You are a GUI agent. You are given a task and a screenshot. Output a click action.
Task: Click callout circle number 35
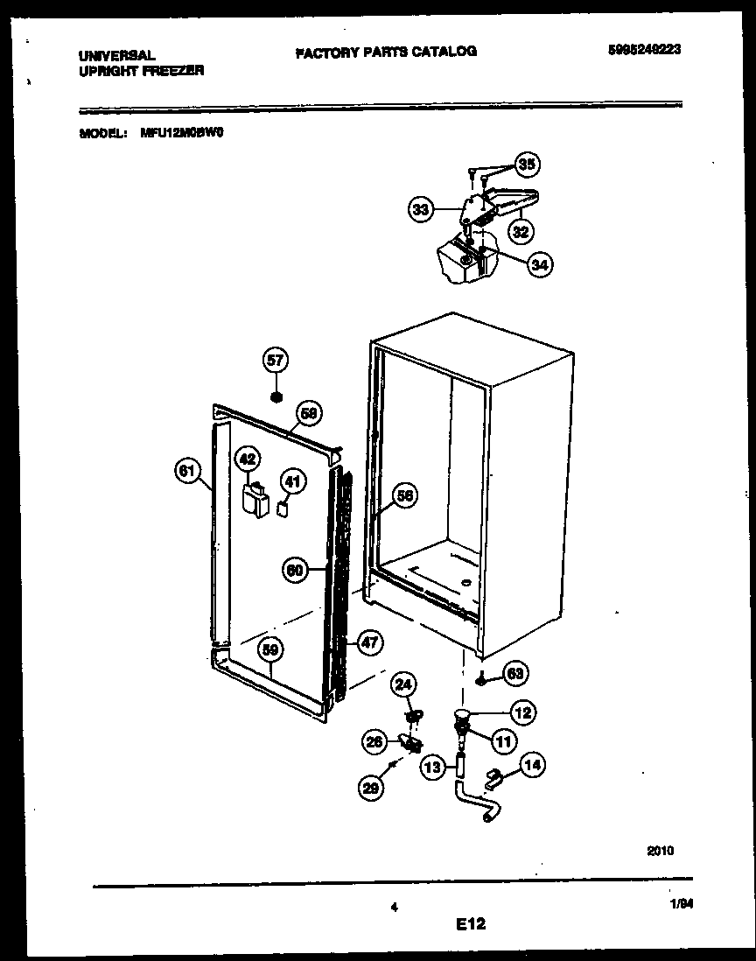click(x=527, y=164)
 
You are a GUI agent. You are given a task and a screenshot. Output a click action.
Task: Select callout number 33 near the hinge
click(x=421, y=209)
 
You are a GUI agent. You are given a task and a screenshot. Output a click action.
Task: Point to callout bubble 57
click(x=276, y=360)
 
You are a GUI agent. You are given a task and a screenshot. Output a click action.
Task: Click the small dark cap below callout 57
click(x=276, y=397)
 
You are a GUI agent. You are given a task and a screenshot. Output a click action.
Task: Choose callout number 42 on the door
click(x=248, y=457)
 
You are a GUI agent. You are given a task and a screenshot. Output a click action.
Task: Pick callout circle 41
click(x=292, y=480)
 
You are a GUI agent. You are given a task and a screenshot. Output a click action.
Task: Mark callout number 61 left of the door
click(x=186, y=471)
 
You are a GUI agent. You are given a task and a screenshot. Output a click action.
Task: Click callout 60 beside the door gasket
click(x=296, y=570)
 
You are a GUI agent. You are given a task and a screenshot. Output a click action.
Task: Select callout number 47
click(x=370, y=642)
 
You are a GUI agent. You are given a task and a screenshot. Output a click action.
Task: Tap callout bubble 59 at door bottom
click(x=271, y=649)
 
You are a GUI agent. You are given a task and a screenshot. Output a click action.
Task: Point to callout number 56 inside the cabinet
click(x=403, y=495)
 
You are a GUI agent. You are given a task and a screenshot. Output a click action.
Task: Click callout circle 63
click(x=515, y=673)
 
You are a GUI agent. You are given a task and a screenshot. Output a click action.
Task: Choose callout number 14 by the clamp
click(x=531, y=766)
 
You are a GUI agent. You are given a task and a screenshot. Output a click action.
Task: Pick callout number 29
click(x=371, y=787)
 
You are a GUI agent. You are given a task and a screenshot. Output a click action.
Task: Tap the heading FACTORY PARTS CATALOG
click(x=386, y=52)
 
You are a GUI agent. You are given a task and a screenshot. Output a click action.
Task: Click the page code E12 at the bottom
click(x=471, y=922)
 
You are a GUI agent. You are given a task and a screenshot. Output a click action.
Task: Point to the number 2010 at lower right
click(x=661, y=849)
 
